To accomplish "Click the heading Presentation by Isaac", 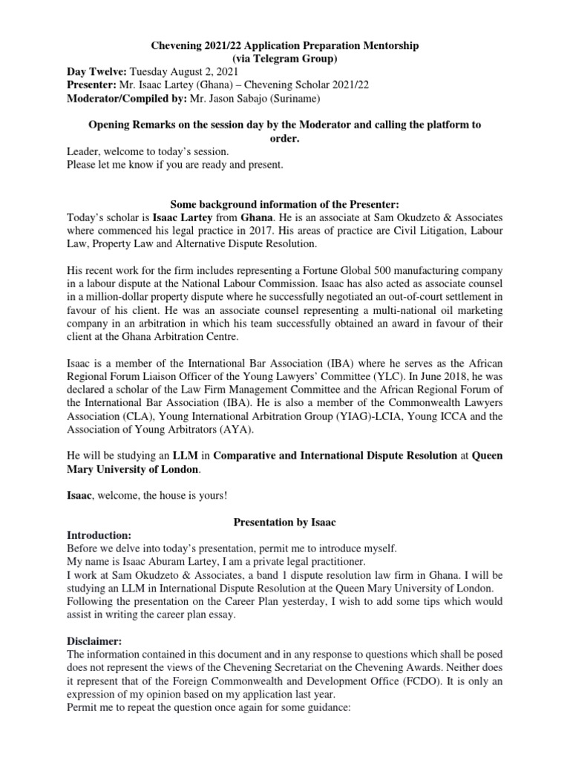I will [284, 522].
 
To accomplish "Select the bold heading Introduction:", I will [99, 535].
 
